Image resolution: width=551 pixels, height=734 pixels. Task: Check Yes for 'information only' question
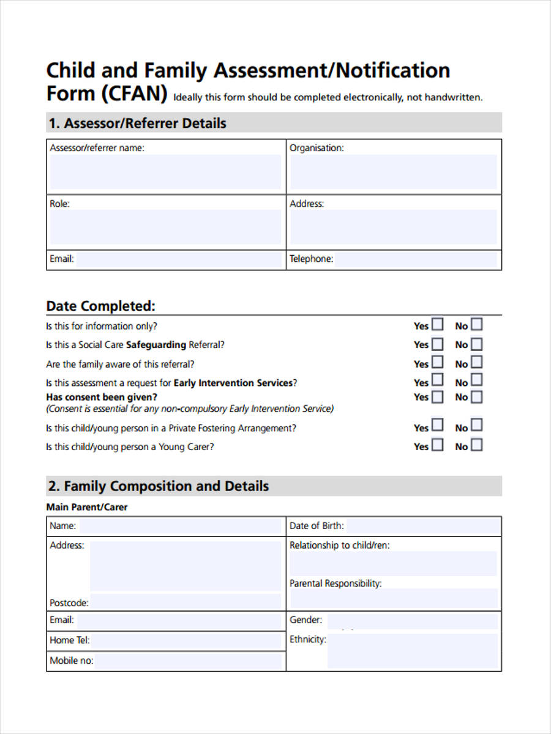click(438, 324)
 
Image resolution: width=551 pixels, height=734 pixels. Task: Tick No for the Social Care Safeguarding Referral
click(476, 343)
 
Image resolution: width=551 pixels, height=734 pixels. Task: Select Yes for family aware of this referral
click(438, 362)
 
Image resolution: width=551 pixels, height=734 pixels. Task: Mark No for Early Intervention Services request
click(476, 380)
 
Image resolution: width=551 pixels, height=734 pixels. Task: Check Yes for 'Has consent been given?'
click(438, 397)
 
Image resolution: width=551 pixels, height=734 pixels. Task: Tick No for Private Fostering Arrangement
click(476, 426)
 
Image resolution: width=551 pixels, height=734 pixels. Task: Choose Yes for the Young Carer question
click(438, 445)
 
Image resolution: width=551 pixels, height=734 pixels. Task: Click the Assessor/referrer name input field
click(165, 172)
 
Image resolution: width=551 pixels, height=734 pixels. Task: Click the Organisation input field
click(393, 172)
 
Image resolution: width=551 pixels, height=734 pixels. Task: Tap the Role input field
click(165, 227)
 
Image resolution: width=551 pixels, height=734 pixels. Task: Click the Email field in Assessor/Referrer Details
click(178, 259)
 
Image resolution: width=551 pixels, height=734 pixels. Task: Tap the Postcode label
click(69, 603)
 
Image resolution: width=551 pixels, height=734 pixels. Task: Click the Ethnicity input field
click(411, 651)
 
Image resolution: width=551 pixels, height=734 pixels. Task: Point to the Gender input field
click(411, 621)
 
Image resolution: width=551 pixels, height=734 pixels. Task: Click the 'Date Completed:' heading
click(101, 306)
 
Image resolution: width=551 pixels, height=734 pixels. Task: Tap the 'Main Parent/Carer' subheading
click(87, 507)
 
